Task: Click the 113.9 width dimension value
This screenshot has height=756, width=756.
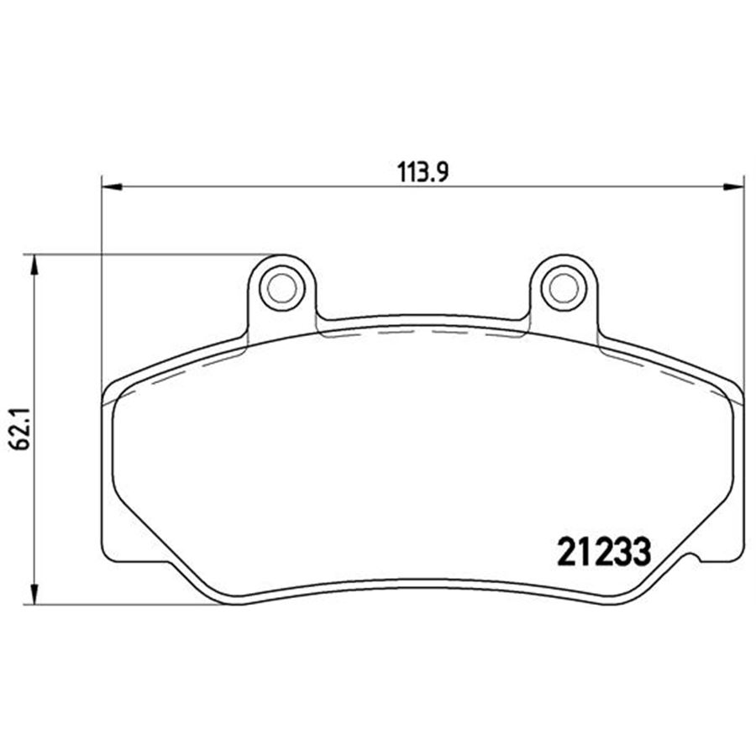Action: [423, 172]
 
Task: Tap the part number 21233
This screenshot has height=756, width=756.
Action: [604, 552]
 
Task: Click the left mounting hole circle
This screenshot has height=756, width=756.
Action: [281, 288]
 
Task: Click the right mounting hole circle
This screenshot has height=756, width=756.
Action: [564, 288]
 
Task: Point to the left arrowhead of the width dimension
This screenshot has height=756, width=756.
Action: [112, 186]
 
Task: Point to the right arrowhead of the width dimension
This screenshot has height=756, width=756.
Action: [733, 186]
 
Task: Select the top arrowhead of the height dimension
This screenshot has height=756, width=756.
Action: [34, 265]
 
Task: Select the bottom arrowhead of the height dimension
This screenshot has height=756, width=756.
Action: [34, 594]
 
